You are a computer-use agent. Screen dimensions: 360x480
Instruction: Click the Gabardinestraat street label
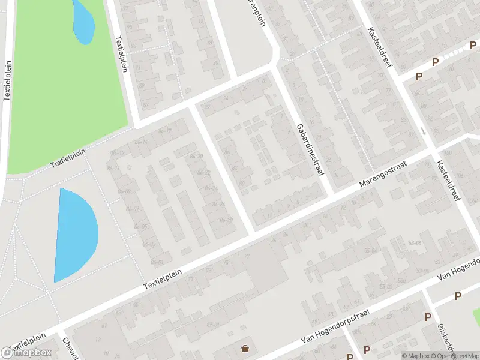coord(310,150)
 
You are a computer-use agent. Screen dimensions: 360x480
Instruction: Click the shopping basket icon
coord(245,348)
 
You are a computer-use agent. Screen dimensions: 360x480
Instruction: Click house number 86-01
coord(158,262)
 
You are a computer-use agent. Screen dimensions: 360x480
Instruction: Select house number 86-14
coord(142,141)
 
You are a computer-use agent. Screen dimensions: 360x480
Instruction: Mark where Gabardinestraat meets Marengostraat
coord(331,196)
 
